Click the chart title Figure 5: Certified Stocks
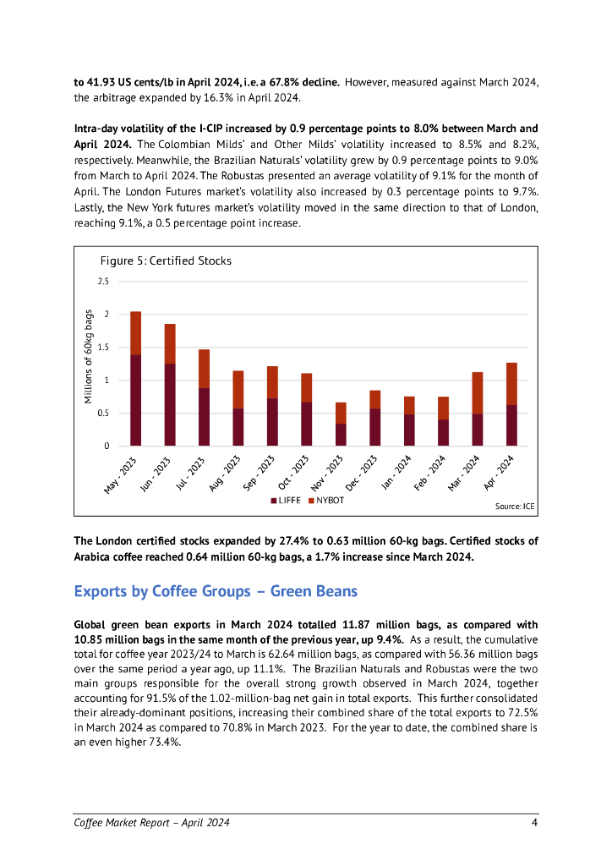point(166,260)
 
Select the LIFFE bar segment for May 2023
point(135,400)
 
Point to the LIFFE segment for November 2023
point(341,435)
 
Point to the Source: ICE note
point(515,506)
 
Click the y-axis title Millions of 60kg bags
point(89,355)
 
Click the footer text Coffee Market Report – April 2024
point(152,822)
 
